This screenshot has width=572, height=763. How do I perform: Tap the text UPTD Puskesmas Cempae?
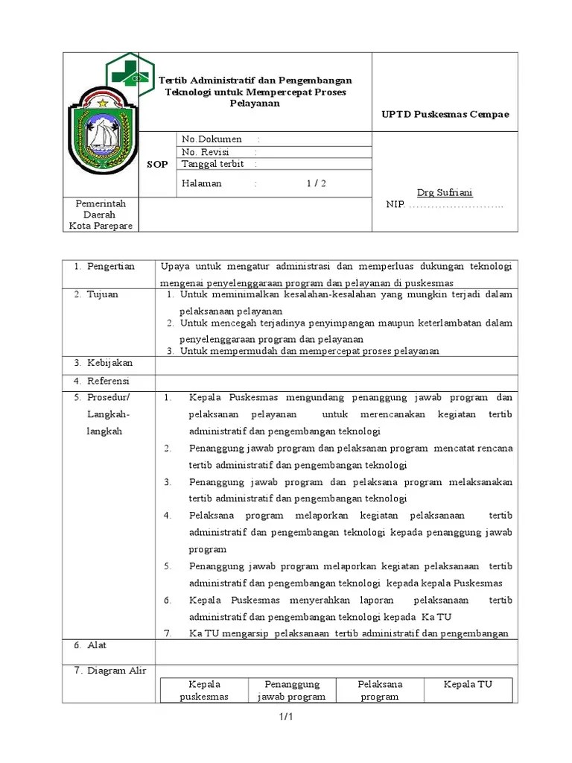(445, 114)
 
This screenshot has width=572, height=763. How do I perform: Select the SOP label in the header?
(158, 165)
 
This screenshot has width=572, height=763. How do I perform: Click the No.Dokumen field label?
(212, 139)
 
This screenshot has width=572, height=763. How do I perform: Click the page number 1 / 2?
(316, 183)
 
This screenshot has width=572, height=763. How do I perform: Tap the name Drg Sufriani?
(445, 192)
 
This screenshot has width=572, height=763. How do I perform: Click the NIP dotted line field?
(455, 205)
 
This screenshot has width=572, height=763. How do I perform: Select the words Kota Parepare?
(101, 226)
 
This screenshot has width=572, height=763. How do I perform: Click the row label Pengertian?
(110, 267)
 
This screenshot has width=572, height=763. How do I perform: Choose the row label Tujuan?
(104, 294)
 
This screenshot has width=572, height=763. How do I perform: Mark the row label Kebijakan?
(109, 363)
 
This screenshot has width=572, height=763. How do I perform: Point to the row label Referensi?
(108, 381)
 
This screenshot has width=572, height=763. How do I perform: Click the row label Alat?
(97, 645)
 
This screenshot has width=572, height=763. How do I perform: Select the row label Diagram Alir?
(116, 671)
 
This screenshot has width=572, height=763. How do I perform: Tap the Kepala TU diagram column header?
(468, 684)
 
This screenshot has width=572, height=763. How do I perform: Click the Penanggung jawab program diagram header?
(292, 690)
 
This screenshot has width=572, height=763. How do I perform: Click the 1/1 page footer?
(287, 717)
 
